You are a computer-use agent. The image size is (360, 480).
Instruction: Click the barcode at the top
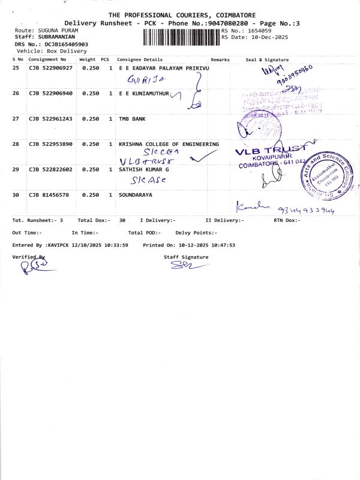pos(181,37)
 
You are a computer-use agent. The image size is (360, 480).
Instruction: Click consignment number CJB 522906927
pos(50,69)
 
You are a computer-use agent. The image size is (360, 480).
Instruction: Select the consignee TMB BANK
pos(132,119)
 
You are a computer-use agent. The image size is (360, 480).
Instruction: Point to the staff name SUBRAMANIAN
pos(53,37)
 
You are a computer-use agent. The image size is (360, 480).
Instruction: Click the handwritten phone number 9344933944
pos(306,211)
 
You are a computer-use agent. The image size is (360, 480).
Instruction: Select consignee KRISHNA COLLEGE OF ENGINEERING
pos(169,145)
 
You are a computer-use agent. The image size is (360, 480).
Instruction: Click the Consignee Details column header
pos(139,60)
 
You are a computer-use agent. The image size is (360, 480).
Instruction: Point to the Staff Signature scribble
pos(181,266)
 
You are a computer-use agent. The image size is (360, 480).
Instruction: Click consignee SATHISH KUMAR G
pos(144,170)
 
